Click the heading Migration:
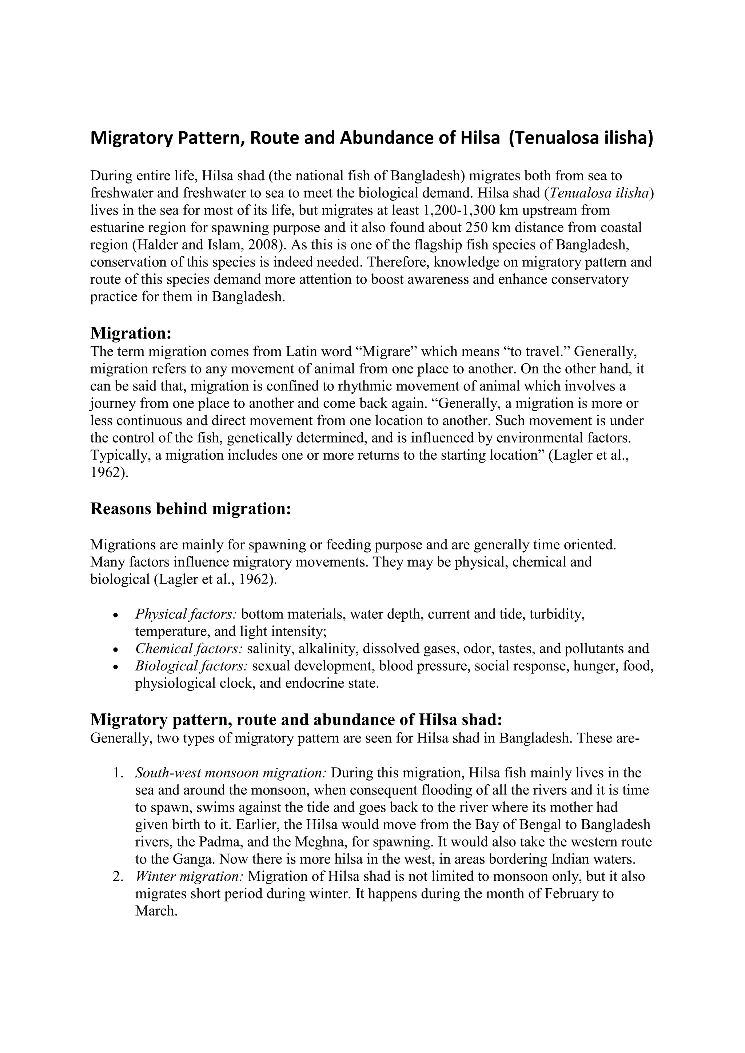131,333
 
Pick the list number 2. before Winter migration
118,876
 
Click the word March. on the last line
156,911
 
